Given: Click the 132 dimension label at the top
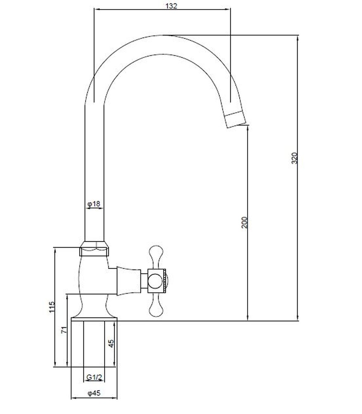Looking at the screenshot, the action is point(171,5).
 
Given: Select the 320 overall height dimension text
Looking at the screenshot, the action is point(294,158).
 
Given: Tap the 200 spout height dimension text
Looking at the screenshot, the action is point(244,222).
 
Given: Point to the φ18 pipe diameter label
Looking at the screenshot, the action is point(94,204).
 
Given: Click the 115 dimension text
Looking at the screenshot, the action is point(52,307).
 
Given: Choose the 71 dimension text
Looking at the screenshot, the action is point(64,330).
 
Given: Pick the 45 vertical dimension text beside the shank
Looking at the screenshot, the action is point(111,343).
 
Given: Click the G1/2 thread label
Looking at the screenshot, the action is point(94,378).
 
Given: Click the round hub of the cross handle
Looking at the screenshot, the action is point(155,281).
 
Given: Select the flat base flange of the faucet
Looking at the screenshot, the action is point(94,319).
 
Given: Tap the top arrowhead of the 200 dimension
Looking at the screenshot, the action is point(248,128).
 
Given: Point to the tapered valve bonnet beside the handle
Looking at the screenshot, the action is point(129,280).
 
